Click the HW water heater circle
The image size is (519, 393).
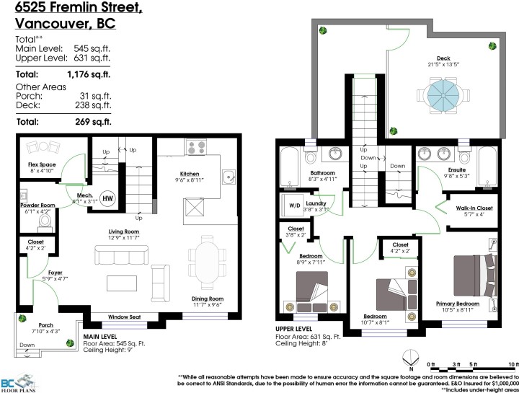coord(107,198)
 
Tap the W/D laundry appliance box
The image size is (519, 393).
coord(295,204)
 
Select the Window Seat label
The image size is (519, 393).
coord(124,317)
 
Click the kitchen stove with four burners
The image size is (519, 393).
coord(197,148)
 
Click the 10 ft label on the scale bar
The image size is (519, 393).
coord(513,365)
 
